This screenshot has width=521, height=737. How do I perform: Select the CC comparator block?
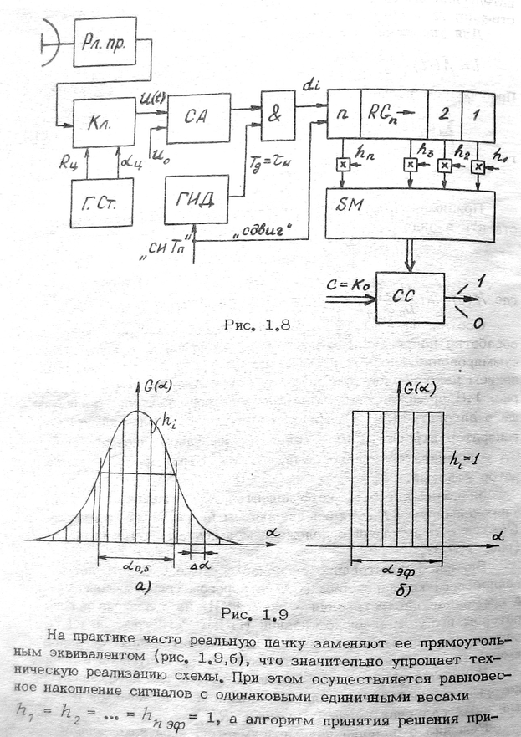point(411,298)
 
